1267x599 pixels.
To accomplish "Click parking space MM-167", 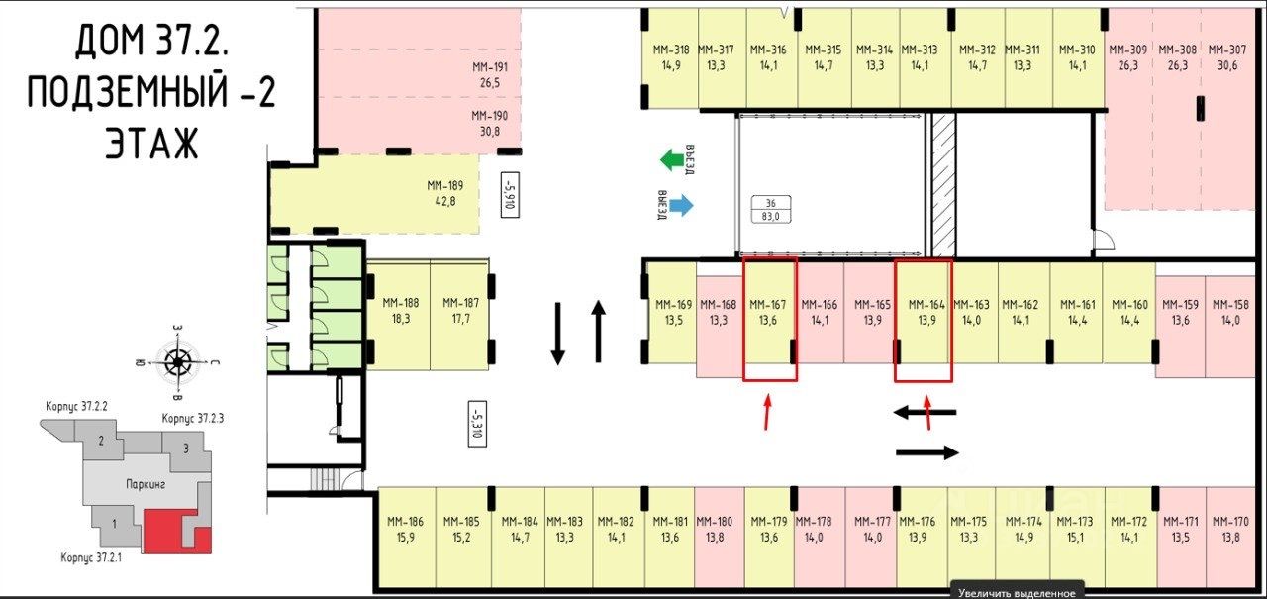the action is pos(769,312).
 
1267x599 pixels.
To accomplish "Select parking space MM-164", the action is pos(923,312).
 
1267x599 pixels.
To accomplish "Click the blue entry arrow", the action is pos(679,205).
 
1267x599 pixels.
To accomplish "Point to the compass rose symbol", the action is pos(178,361).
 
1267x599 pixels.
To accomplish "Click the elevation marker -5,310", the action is pos(477,423).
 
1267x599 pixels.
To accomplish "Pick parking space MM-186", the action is pos(405,529).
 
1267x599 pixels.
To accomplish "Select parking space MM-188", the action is pos(399,311).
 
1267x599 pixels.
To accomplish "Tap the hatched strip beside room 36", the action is pos(943,182).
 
